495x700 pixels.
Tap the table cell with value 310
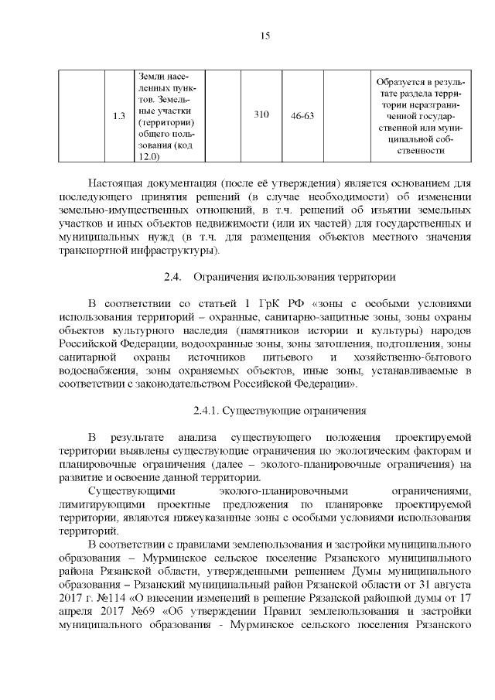(261, 115)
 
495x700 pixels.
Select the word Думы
(326, 570)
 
